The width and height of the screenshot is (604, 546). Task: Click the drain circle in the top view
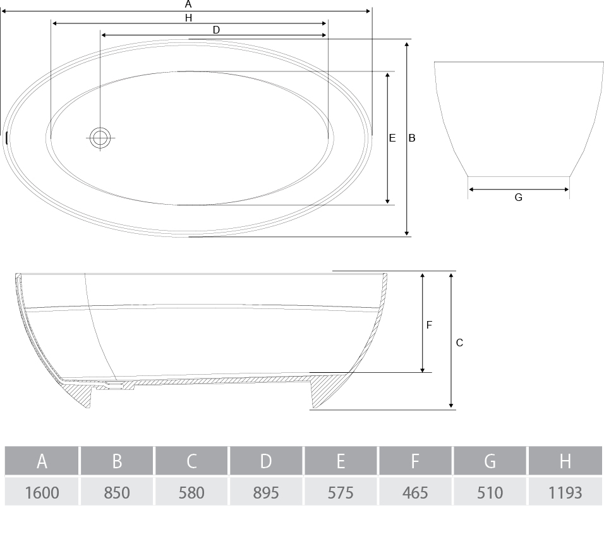tap(100, 138)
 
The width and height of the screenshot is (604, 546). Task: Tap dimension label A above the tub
tap(188, 4)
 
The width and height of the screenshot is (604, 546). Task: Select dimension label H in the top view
tap(188, 18)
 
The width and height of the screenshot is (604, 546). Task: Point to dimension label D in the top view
tap(216, 30)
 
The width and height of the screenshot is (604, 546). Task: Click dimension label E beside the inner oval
tap(392, 138)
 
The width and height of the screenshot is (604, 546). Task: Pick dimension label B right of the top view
tap(412, 138)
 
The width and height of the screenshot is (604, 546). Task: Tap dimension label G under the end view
tap(519, 197)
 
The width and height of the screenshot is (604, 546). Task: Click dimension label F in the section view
tap(429, 325)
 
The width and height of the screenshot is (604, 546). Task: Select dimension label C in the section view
tap(459, 343)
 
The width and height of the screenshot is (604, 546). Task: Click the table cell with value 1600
tap(42, 492)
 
